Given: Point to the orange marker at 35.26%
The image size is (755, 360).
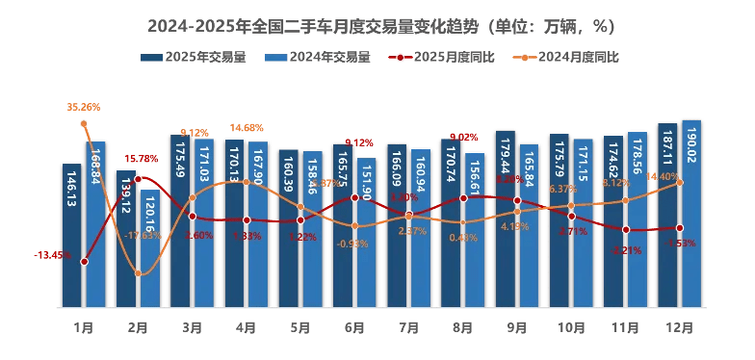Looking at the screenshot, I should tap(84, 124).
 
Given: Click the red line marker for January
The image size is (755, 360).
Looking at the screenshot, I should tap(84, 262).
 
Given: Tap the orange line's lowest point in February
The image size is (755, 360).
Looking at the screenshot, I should tap(139, 274).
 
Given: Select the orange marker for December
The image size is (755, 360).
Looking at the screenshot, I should tap(680, 182).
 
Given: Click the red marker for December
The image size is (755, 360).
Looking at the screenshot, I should tap(680, 228).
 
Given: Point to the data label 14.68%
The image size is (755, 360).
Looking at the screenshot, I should tap(247, 128).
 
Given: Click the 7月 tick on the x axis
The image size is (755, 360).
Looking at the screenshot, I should tap(409, 328).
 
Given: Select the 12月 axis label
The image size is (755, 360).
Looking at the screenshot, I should tap(680, 328).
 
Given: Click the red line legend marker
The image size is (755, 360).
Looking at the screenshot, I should tap(397, 58).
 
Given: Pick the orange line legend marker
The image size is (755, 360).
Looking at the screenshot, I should tap(523, 58).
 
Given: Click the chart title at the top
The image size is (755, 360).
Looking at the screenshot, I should tap(377, 21).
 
